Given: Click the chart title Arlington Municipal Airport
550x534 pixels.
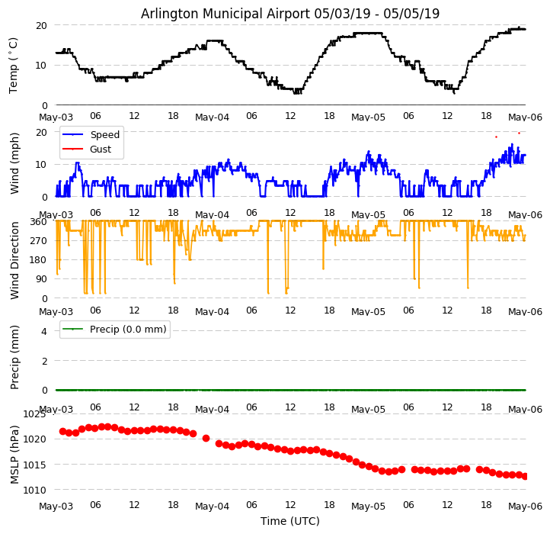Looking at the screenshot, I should [x=290, y=14].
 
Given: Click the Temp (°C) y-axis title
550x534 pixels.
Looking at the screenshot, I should [x=14, y=65].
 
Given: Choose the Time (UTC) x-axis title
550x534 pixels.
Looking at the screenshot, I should [x=290, y=521].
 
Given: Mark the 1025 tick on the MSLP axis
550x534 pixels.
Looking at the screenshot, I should [x=34, y=414].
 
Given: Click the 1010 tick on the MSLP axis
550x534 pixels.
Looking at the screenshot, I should [x=34, y=490].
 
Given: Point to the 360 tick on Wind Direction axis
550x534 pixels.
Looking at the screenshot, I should [x=38, y=222].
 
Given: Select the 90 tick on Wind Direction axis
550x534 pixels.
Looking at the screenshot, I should [x=41, y=279].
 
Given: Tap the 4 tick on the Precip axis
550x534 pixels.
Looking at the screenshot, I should [x=43, y=331].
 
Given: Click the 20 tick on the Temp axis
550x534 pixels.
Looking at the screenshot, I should [x=41, y=25].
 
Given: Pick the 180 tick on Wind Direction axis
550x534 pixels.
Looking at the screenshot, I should [x=38, y=260].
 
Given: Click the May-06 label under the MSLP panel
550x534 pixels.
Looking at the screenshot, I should [x=525, y=507].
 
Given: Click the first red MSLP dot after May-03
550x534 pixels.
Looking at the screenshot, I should [x=62, y=431].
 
